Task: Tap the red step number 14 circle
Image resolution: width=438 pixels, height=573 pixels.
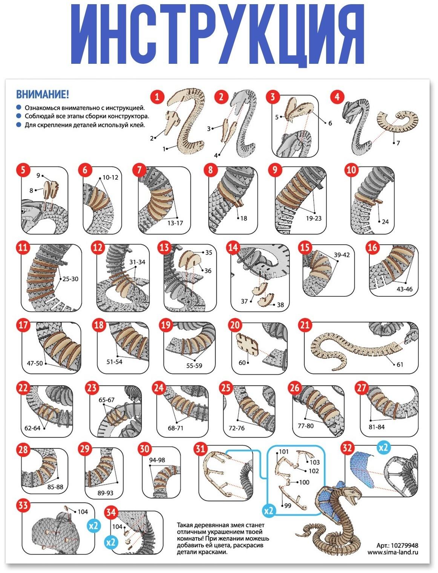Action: point(233,248)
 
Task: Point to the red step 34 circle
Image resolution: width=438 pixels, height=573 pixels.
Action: point(111,513)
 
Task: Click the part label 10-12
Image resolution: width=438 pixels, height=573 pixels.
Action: point(110,177)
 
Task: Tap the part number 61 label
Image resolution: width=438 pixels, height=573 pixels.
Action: point(400,364)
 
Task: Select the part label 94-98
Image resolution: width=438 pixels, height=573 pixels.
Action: point(157,460)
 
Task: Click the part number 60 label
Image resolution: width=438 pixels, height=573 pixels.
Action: point(242,362)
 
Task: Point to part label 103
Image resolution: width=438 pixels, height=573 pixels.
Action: point(314,462)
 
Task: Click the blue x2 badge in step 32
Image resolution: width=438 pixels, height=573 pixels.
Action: point(383,448)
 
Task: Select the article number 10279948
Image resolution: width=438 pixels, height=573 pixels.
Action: point(405,545)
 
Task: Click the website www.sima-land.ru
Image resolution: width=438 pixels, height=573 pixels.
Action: point(393,552)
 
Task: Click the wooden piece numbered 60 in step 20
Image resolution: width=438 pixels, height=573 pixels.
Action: point(247,344)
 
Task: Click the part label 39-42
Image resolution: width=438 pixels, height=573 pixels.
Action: point(342,255)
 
